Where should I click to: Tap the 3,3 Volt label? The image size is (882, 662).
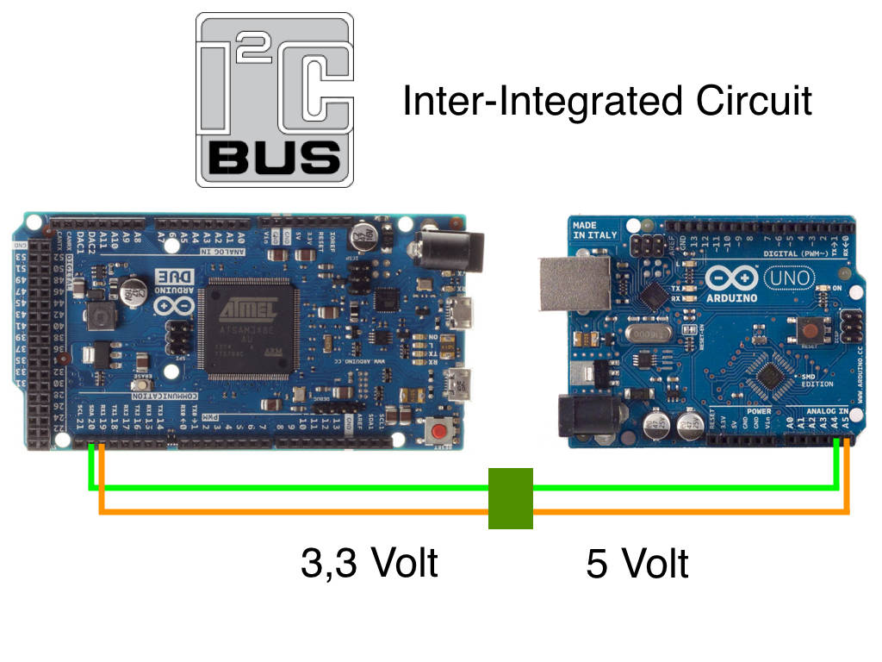pyautogui.click(x=370, y=563)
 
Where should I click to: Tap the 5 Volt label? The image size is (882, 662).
pyautogui.click(x=637, y=564)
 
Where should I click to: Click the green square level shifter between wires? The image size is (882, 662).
pyautogui.click(x=511, y=498)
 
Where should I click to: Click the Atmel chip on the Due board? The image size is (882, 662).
pyautogui.click(x=249, y=328)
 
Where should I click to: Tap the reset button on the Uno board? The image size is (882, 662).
pyautogui.click(x=809, y=328)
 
